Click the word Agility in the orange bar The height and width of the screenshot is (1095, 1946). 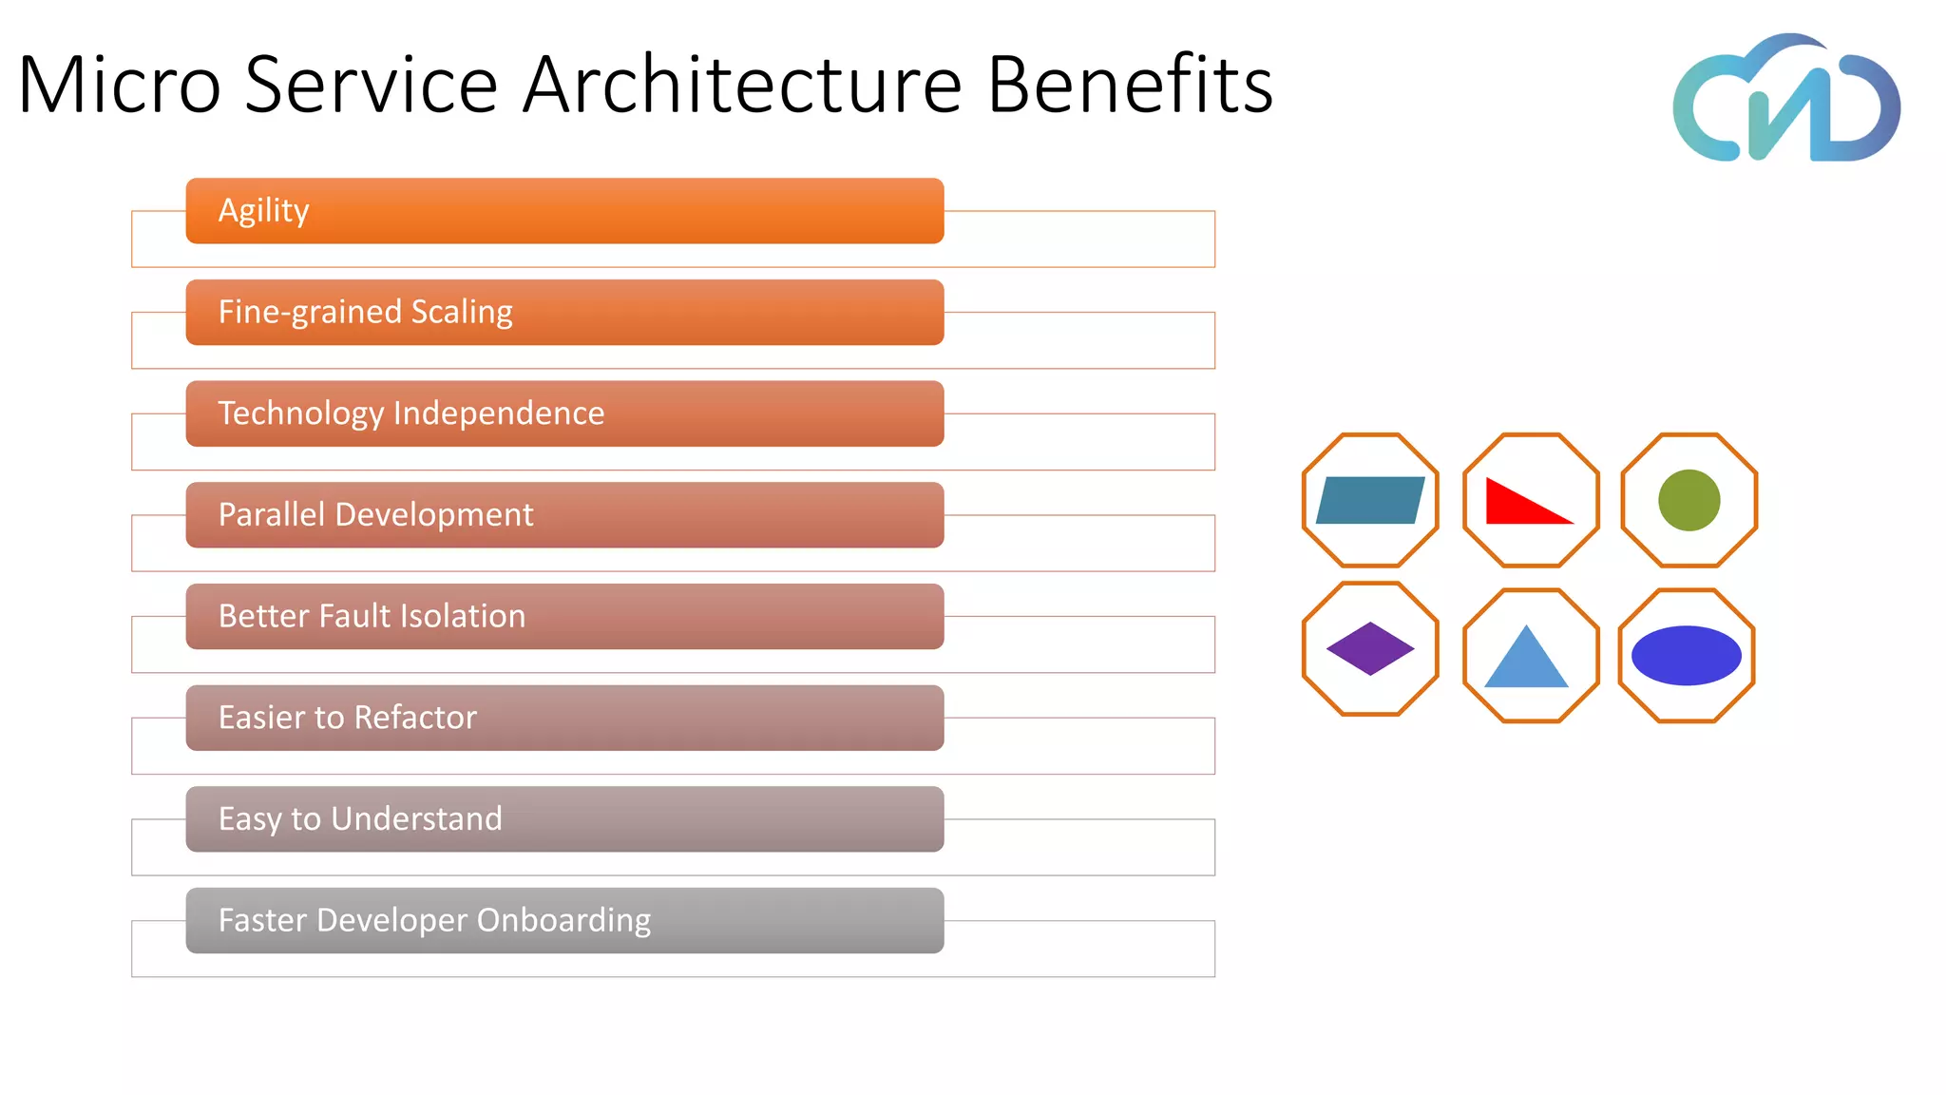pos(263,210)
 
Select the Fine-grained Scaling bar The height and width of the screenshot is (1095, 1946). pos(564,313)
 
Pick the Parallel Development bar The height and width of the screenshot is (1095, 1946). pos(564,515)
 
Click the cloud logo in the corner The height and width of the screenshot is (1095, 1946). pos(1785,100)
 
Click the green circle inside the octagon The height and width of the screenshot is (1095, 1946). pos(1688,500)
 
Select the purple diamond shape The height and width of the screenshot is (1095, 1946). pos(1370,649)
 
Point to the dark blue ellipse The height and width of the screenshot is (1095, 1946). pos(1686,656)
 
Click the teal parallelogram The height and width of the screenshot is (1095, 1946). pos(1370,501)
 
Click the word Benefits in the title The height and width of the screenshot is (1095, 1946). pos(1130,86)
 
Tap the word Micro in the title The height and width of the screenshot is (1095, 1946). pos(120,86)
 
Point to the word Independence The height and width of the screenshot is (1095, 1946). pos(499,413)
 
